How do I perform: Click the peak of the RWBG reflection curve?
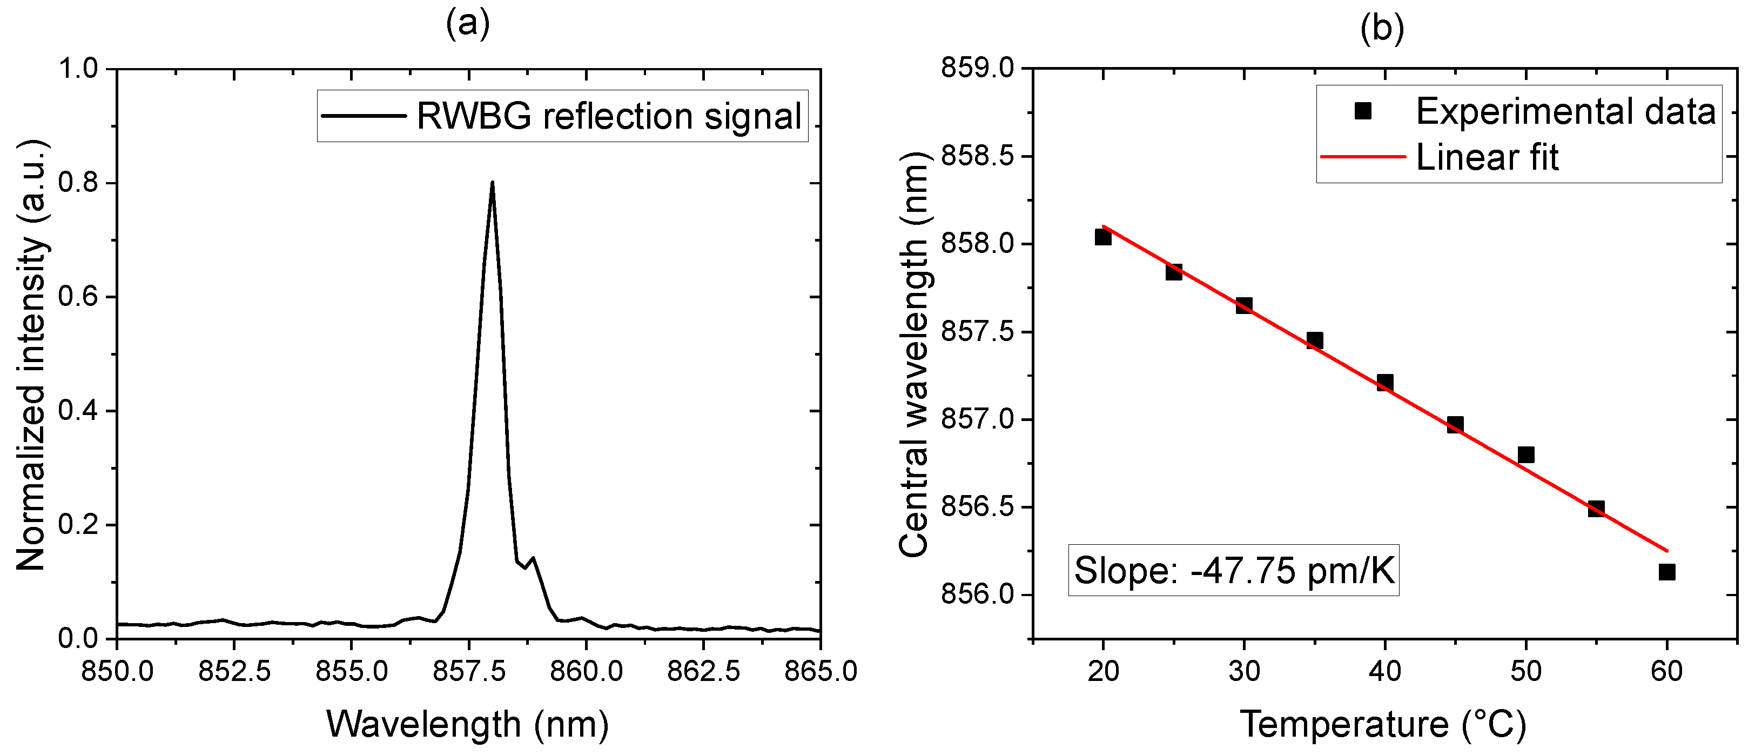tap(492, 183)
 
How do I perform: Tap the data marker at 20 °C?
tap(1103, 237)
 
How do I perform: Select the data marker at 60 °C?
tap(1667, 572)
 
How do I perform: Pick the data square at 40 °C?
tap(1384, 382)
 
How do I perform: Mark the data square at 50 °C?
tap(1526, 455)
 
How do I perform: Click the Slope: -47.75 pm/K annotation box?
tap(1234, 570)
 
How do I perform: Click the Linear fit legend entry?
tap(1487, 157)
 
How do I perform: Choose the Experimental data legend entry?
tap(1565, 111)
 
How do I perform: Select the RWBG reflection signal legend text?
tap(608, 116)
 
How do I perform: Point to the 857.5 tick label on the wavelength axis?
tap(469, 672)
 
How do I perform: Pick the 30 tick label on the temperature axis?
tap(1244, 672)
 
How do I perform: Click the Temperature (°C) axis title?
tap(1383, 724)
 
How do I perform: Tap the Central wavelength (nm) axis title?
tap(913, 355)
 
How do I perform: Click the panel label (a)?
tap(468, 25)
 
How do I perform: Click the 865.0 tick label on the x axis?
tap(821, 672)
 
